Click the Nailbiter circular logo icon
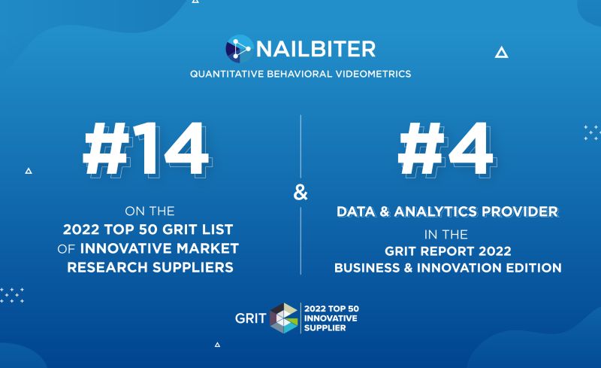click(x=238, y=48)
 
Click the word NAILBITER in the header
click(x=316, y=49)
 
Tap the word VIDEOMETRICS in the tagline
click(x=373, y=74)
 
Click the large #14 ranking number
click(x=146, y=149)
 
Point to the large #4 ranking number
click(x=445, y=149)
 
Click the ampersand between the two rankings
click(x=300, y=193)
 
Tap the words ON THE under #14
click(x=149, y=211)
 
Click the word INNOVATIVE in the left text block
click(x=125, y=248)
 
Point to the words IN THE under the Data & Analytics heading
click(x=445, y=234)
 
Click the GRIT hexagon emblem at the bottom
click(x=284, y=318)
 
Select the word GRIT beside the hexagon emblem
click(x=251, y=318)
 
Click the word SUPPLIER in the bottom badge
click(x=320, y=327)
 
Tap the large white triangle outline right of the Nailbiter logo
click(x=501, y=52)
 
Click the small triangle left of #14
click(x=29, y=171)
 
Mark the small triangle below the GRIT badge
click(x=217, y=345)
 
